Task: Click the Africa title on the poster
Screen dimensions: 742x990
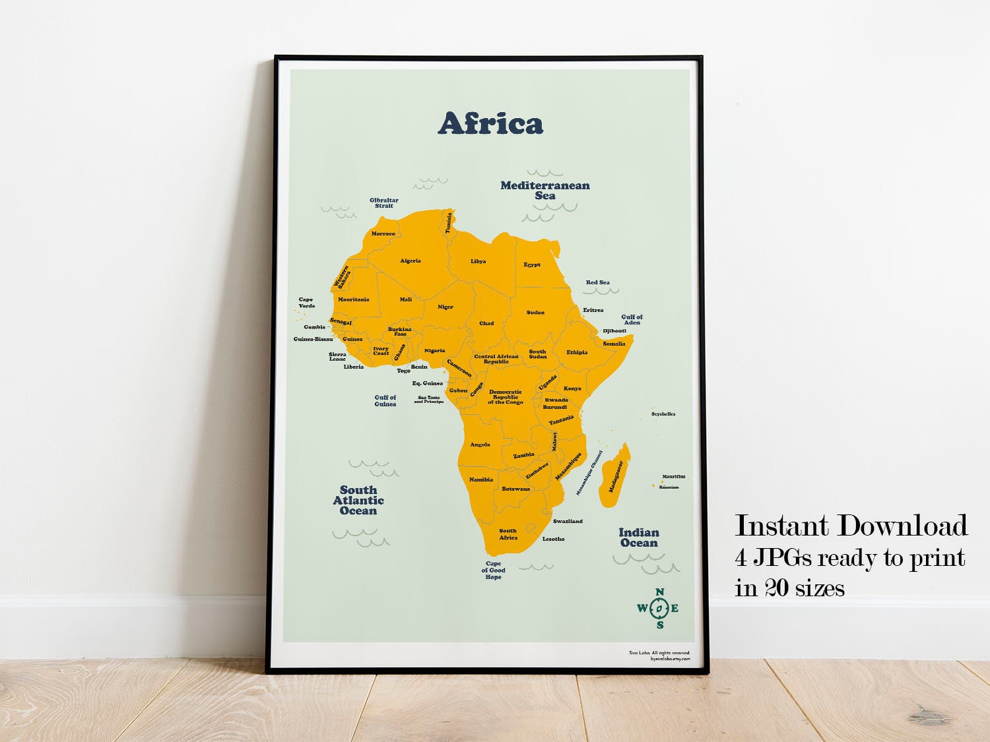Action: [x=490, y=123]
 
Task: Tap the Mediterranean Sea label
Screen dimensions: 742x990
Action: [x=544, y=190]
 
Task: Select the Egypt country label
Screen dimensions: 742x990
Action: [x=532, y=264]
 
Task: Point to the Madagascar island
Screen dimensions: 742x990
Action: [x=614, y=476]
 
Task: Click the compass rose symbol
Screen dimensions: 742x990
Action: [x=659, y=607]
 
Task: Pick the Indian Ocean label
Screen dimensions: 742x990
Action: [x=638, y=538]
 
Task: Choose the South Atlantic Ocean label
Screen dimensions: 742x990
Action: [x=358, y=500]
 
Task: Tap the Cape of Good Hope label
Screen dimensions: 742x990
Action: [x=493, y=571]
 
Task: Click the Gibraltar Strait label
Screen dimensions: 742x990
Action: [x=383, y=202]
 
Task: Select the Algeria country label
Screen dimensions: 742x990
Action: [x=410, y=261]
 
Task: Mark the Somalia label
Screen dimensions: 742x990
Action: [x=614, y=344]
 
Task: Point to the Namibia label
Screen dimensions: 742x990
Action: [x=480, y=479]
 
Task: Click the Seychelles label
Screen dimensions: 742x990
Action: [x=663, y=414]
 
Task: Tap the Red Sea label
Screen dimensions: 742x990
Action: [x=597, y=282]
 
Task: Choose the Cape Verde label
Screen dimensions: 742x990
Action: [x=306, y=302]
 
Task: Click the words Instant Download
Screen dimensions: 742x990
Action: [x=851, y=526]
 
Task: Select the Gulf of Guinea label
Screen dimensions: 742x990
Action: [x=385, y=400]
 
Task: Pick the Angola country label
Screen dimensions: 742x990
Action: [x=480, y=445]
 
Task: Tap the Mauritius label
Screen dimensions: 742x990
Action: [x=674, y=476]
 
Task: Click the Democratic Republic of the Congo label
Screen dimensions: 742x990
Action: [x=506, y=397]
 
